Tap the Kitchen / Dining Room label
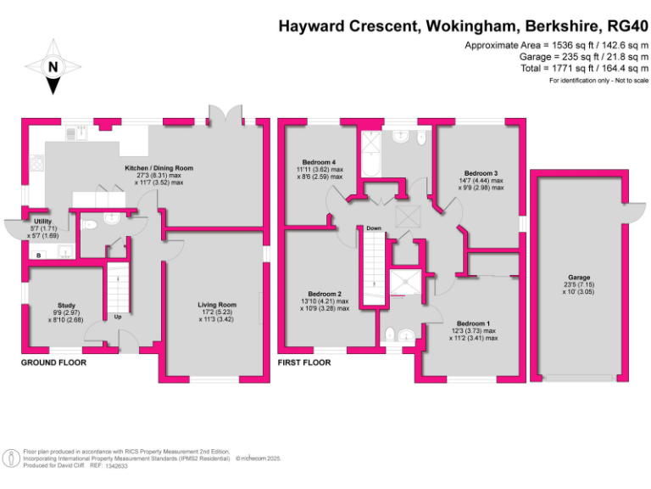click(159, 168)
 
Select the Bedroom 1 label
click(473, 323)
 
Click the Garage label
click(579, 277)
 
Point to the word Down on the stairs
click(373, 228)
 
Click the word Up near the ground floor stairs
click(117, 317)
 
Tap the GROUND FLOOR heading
click(53, 363)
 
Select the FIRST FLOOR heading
click(303, 363)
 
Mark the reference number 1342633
click(116, 466)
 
